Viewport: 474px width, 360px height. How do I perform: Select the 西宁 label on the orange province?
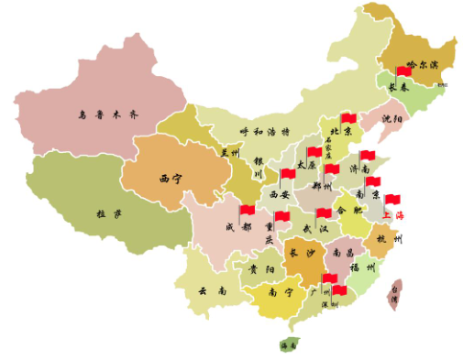[171, 178]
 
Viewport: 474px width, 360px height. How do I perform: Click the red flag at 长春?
[403, 71]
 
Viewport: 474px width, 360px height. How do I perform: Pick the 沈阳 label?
[391, 119]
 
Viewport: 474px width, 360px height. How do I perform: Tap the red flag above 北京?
[347, 118]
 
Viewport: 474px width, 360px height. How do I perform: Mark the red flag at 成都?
[247, 211]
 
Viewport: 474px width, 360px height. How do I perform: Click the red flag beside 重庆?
[282, 217]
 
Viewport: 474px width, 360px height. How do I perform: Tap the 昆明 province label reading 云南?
[213, 290]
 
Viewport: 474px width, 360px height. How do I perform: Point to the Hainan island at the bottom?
[289, 345]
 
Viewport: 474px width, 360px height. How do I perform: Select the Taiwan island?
[396, 294]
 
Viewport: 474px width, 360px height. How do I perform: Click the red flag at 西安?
[288, 173]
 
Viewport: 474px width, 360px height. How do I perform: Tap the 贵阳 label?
[259, 270]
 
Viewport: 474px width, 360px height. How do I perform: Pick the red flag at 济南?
[367, 156]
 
